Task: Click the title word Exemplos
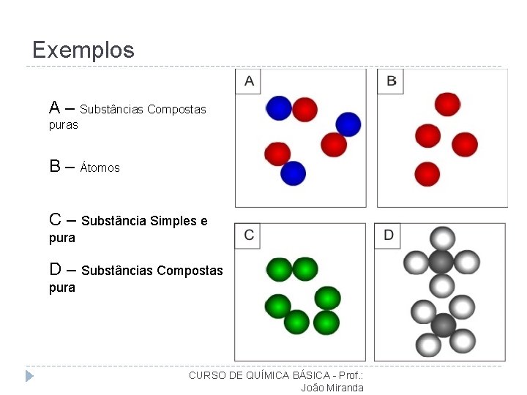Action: pos(83,50)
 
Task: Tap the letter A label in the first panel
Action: pos(250,81)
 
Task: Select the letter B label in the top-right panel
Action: pos(392,81)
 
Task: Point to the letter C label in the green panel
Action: pos(250,235)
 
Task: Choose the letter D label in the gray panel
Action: pos(389,235)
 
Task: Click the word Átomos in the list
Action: pos(100,168)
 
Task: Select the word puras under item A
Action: pos(64,125)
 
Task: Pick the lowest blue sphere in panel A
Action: pos(293,173)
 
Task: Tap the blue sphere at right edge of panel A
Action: pos(348,124)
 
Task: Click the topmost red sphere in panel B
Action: pos(446,104)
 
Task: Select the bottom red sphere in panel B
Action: pos(427,174)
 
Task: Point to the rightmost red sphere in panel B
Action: pos(465,144)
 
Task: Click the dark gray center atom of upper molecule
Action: pos(441,261)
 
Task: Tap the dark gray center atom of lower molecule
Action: pos(444,324)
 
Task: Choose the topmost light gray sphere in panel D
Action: pos(442,238)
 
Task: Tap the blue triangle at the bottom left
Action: pos(29,376)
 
